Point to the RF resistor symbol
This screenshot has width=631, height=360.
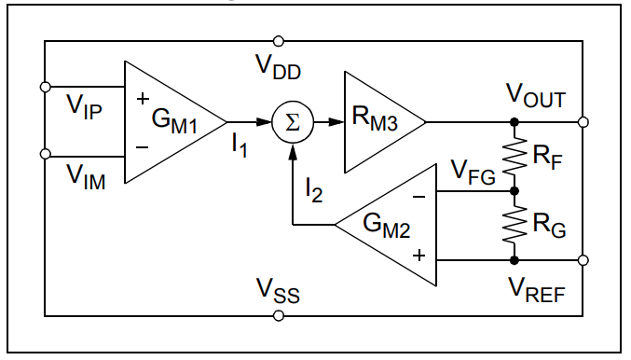pyautogui.click(x=514, y=156)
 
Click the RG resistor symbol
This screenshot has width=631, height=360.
pyautogui.click(x=514, y=224)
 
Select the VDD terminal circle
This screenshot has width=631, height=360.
pyautogui.click(x=278, y=41)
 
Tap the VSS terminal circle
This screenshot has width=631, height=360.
pyautogui.click(x=278, y=316)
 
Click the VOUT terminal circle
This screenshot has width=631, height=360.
pyautogui.click(x=583, y=122)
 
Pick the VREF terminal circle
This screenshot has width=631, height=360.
pyautogui.click(x=583, y=259)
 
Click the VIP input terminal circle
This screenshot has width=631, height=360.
pyautogui.click(x=45, y=88)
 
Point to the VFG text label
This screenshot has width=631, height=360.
pyautogui.click(x=473, y=173)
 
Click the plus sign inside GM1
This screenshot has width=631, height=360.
pyautogui.click(x=143, y=97)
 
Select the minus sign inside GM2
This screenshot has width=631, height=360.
pyautogui.click(x=418, y=197)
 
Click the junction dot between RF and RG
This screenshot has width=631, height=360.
pyautogui.click(x=514, y=190)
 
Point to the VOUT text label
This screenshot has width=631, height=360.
pyautogui.click(x=535, y=96)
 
